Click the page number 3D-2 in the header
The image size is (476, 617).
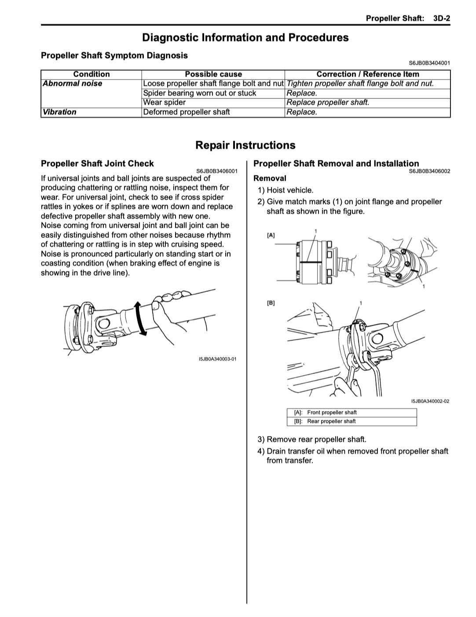[441, 18]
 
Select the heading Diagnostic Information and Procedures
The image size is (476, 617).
[245, 38]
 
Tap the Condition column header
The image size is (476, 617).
[91, 74]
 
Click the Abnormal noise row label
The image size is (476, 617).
[73, 83]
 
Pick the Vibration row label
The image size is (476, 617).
[59, 112]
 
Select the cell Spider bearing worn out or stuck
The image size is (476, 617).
[199, 93]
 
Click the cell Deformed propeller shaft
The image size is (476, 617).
[186, 112]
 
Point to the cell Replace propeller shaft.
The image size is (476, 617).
[328, 102]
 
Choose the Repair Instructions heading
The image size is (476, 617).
[245, 145]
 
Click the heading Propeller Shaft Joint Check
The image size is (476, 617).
[97, 163]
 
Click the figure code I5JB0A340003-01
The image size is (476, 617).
[217, 359]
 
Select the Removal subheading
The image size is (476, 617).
[270, 178]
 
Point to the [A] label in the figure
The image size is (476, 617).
[271, 235]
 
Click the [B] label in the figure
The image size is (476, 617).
[271, 303]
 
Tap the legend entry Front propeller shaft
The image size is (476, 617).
[332, 413]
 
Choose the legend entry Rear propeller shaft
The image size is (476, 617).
[331, 421]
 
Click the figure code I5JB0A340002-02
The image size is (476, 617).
[430, 401]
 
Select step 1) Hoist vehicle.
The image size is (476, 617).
[286, 190]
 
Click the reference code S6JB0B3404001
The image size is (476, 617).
[429, 63]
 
